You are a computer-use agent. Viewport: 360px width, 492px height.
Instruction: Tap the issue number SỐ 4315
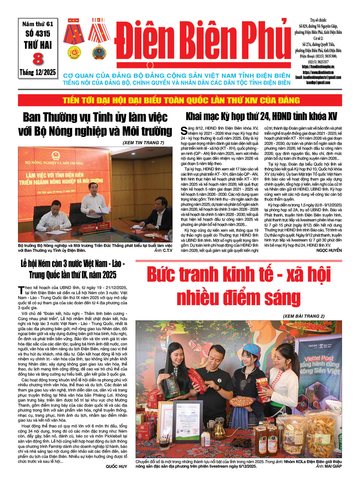(38, 34)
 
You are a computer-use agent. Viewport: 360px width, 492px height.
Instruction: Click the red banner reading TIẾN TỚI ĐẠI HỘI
(180, 100)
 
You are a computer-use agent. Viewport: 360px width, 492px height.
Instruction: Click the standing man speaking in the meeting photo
(94, 201)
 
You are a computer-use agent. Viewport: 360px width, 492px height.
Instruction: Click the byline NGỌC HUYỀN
(329, 250)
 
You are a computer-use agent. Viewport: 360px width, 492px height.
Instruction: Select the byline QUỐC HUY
(116, 466)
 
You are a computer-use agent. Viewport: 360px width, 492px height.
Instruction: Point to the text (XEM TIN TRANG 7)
(143, 143)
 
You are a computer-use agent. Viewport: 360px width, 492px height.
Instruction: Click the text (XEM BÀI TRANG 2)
(303, 316)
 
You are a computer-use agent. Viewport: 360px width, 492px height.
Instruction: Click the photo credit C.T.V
(167, 251)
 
